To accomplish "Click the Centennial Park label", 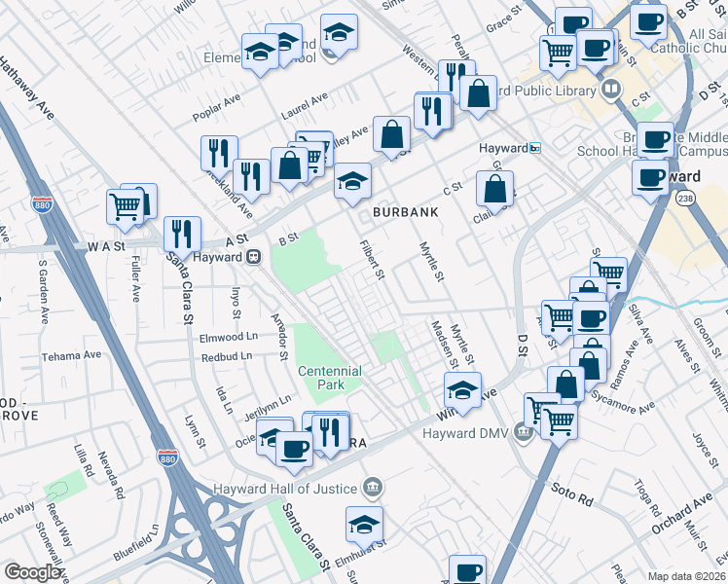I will (x=330, y=378).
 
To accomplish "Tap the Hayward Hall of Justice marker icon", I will (x=371, y=486).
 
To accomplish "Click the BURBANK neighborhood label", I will (x=403, y=211).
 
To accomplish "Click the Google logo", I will (x=33, y=572).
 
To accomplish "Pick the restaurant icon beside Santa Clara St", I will (x=182, y=234).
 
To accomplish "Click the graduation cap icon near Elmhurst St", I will (x=364, y=524).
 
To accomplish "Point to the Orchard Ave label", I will (x=683, y=511).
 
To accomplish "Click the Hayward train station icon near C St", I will (x=535, y=148).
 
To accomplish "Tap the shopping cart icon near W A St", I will (x=125, y=205).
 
